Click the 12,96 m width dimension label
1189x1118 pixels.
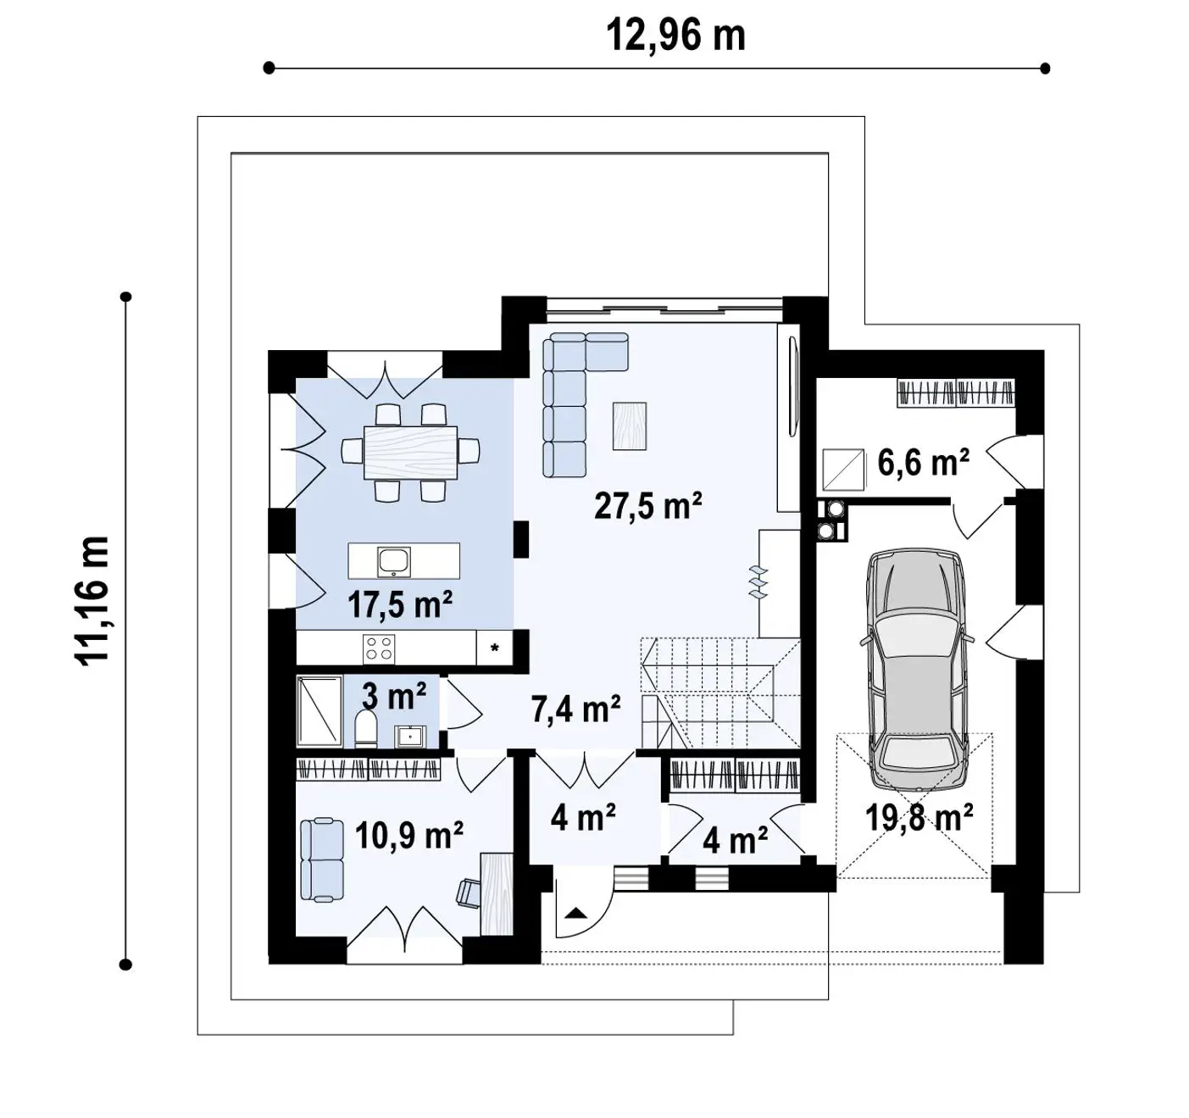(x=676, y=36)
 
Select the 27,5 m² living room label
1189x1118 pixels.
(x=647, y=505)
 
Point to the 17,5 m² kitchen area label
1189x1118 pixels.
(x=400, y=604)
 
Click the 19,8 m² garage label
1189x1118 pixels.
(x=919, y=817)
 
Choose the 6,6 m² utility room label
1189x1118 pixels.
(x=924, y=462)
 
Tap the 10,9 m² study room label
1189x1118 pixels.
(x=409, y=836)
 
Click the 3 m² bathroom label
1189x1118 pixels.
(x=394, y=697)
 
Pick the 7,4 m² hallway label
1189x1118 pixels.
(x=575, y=709)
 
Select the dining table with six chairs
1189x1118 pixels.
(x=410, y=452)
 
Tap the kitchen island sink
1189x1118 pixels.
(x=394, y=561)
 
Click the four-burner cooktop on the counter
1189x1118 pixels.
(x=379, y=648)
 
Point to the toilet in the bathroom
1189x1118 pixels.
(x=366, y=728)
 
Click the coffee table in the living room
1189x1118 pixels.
(x=629, y=426)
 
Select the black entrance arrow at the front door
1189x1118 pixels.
(x=575, y=913)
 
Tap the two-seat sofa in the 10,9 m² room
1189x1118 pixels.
(x=321, y=859)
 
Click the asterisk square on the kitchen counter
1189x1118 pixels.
(x=495, y=648)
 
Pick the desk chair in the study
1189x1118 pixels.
(x=468, y=893)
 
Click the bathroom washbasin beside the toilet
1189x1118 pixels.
(x=410, y=736)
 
